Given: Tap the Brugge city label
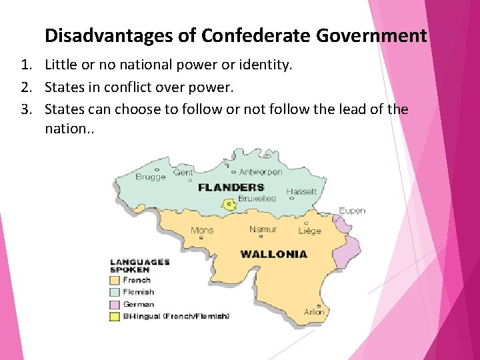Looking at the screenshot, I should [151, 177].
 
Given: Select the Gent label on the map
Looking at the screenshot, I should [183, 172].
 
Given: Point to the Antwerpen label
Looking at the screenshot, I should [261, 171].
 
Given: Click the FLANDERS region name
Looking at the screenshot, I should [231, 187].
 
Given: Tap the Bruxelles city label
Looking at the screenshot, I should [257, 198].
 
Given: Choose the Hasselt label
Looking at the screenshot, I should [301, 191].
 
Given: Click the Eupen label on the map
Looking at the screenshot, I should [352, 211].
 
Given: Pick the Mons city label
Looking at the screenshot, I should [202, 231].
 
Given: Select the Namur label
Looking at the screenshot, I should [263, 229].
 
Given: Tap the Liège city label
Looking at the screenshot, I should [309, 231].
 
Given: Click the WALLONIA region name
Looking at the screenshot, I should [273, 254].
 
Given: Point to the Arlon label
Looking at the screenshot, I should [314, 311].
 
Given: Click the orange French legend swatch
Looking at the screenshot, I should [114, 281].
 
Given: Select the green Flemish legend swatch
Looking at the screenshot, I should [114, 292].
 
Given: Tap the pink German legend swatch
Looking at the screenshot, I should [114, 304].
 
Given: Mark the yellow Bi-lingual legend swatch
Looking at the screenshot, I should [114, 316].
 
